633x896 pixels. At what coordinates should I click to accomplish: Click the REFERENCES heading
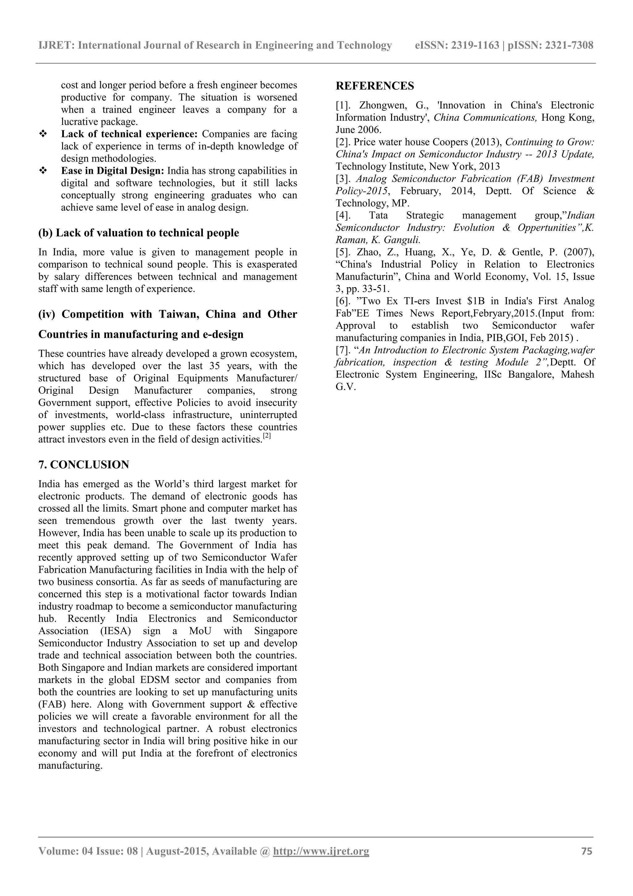pyautogui.click(x=375, y=86)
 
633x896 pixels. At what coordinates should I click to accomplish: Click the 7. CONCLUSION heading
pyautogui.click(x=83, y=465)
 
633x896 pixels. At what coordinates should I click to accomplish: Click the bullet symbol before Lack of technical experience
pyautogui.click(x=43, y=134)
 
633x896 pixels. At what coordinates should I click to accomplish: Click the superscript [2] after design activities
pyautogui.click(x=267, y=436)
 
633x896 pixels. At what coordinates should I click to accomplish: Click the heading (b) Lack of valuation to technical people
pyautogui.click(x=138, y=233)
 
